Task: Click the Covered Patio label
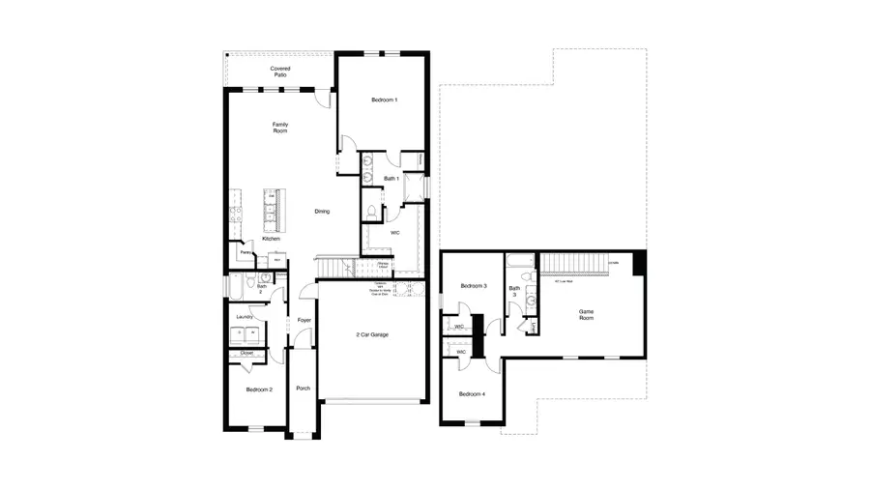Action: point(280,72)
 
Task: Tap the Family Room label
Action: point(280,127)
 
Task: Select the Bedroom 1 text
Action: point(384,100)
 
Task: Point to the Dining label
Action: point(322,211)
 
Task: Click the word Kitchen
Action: point(271,238)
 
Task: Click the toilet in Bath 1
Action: point(370,213)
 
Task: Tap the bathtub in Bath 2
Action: point(236,287)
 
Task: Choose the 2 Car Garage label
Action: point(371,335)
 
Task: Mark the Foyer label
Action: point(304,320)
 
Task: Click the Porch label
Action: point(303,388)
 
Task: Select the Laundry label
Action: point(244,315)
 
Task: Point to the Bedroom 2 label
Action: point(258,388)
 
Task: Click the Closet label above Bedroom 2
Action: point(246,354)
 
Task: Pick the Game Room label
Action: point(586,314)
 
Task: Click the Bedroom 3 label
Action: point(473,286)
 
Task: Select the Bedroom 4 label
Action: point(472,393)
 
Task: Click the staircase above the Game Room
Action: point(570,262)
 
